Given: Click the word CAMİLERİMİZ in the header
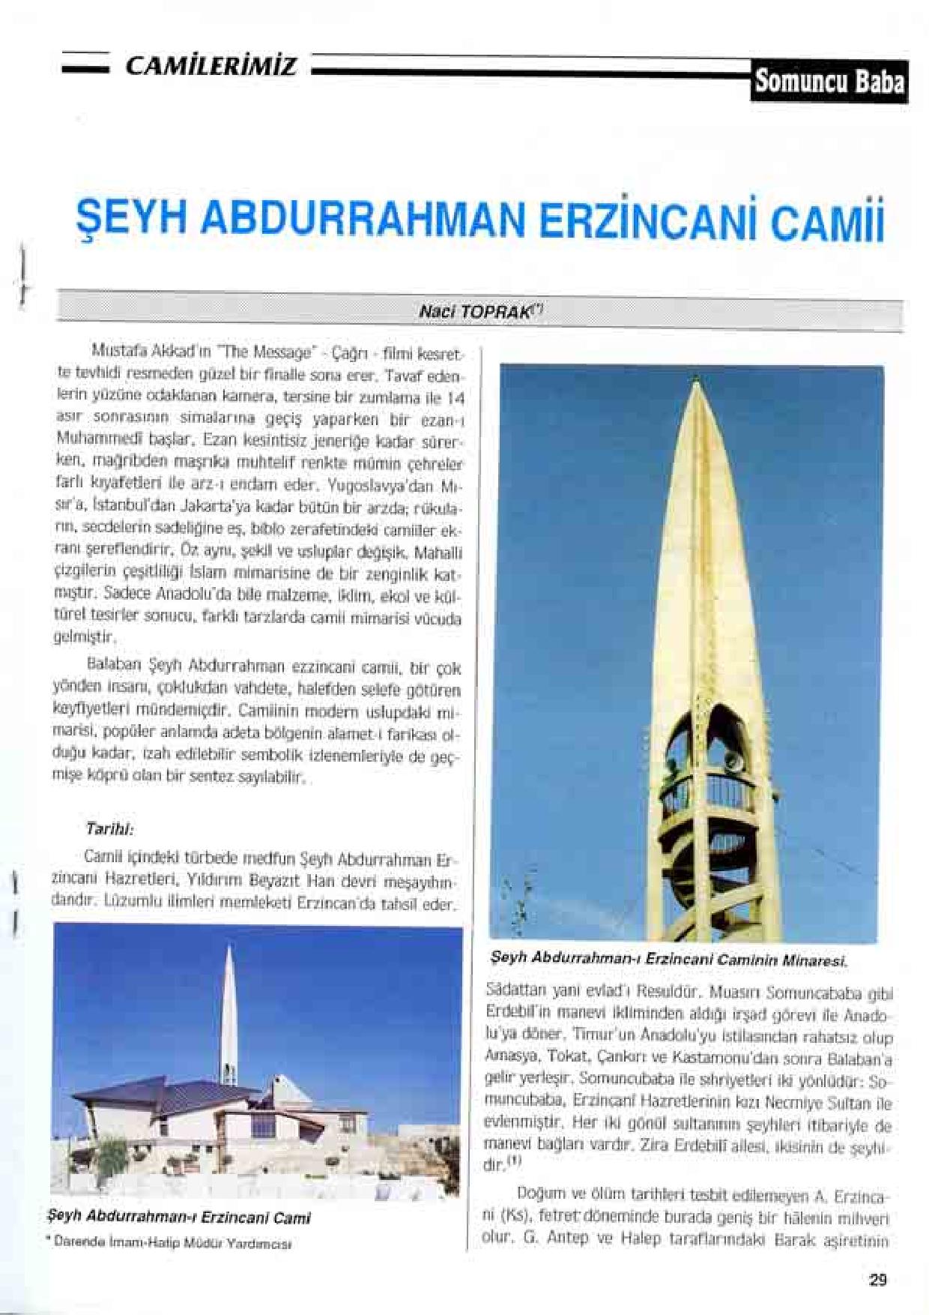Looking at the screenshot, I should pyautogui.click(x=211, y=67).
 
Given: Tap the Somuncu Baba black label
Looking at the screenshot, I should pyautogui.click(x=829, y=80).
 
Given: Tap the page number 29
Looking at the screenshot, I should pyautogui.click(x=878, y=1280).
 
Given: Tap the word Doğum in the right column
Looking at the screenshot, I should pyautogui.click(x=534, y=1193).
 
